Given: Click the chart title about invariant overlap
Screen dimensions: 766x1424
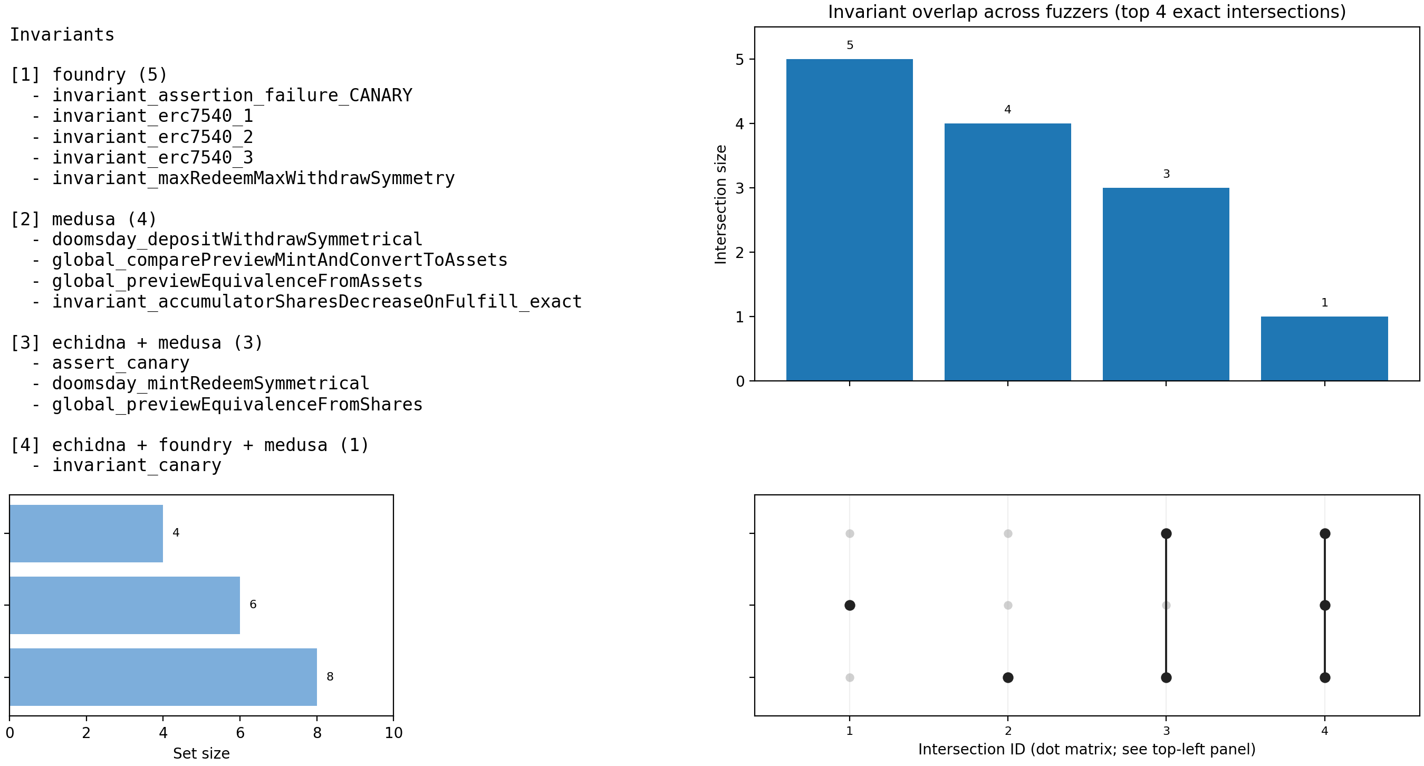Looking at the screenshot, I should click(1086, 12).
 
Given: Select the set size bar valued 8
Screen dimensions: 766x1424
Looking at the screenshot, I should click(163, 676).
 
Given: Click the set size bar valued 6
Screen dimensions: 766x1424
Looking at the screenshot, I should click(124, 605).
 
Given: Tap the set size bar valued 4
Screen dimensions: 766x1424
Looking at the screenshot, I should click(86, 533).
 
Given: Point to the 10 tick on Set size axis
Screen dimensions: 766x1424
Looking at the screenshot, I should click(393, 733).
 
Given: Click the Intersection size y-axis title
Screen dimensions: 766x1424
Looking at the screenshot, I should click(720, 204).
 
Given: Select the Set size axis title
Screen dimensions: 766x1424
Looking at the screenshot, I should click(201, 753).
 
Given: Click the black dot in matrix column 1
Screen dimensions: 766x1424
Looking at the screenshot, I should click(850, 605).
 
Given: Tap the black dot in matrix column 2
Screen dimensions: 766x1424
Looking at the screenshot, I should click(1008, 677).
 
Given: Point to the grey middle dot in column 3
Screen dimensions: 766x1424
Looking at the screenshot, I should click(1166, 605).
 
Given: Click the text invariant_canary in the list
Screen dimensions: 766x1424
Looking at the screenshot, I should click(137, 465).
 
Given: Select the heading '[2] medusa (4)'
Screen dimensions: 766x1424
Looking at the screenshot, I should click(83, 219).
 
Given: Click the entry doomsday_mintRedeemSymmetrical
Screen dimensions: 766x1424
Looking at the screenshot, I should click(210, 384).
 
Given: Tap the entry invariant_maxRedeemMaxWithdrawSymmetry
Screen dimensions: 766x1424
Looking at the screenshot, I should click(253, 178).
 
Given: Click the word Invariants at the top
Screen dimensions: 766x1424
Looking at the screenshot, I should click(62, 35).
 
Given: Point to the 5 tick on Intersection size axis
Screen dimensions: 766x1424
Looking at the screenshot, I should click(739, 59).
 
